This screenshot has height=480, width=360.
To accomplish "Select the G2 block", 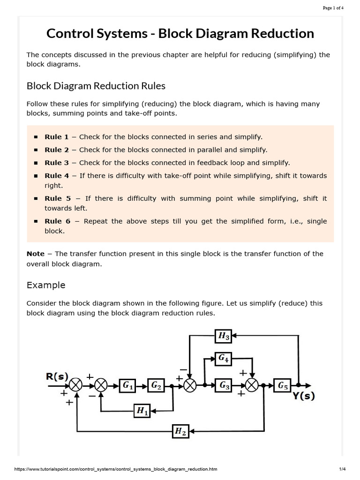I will pos(156,385).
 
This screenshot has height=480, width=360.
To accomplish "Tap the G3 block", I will pos(224,385).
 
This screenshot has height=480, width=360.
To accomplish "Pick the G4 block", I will pos(223,359).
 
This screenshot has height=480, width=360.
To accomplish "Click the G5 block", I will pos(283,385).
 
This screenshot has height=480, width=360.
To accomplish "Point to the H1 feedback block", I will pos(142,411).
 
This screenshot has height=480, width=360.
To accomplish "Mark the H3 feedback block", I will pos(224,335).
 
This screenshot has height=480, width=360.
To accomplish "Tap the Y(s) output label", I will pos(304,396).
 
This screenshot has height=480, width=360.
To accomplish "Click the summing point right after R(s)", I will pos(76,385).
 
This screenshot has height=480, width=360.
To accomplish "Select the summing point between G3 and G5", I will pos(252,385).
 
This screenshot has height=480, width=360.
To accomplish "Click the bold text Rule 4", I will pos(57,176).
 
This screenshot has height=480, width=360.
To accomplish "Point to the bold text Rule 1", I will pos(57,137).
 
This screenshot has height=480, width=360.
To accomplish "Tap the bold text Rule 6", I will pos(57,221).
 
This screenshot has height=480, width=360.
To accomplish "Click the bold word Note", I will pos(36,254).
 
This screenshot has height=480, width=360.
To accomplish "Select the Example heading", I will pos(46,285).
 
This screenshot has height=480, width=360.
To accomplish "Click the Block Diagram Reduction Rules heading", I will pos(96,86).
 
